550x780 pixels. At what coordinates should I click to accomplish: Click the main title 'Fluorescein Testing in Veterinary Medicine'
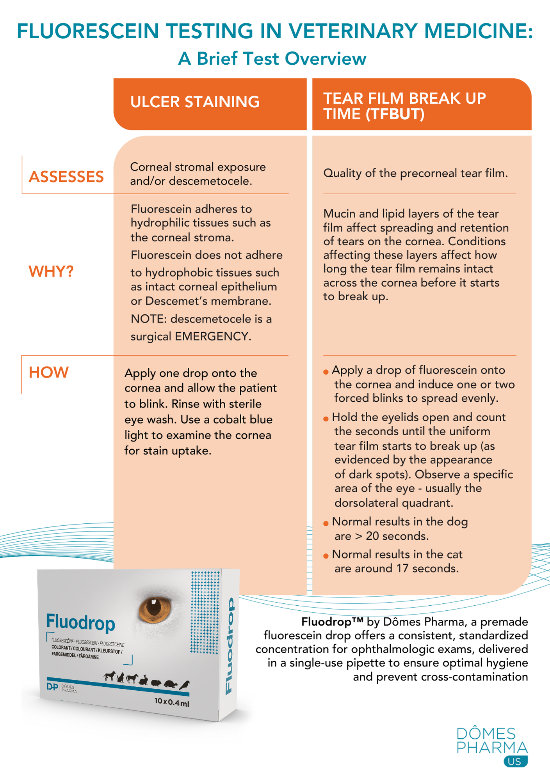tap(275, 31)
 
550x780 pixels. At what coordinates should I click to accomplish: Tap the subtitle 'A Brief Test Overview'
tap(272, 59)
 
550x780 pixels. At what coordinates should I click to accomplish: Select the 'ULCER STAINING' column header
tap(195, 102)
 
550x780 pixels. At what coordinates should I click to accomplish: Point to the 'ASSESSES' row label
tap(66, 177)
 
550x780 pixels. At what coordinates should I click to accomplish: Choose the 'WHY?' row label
tap(51, 271)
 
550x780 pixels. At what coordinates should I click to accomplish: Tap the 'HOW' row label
tap(49, 372)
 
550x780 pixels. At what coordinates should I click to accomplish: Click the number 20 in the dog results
tap(372, 536)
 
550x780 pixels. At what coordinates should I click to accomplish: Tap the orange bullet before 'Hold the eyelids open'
tap(326, 419)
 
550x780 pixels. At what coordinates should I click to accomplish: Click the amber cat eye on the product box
tap(155, 610)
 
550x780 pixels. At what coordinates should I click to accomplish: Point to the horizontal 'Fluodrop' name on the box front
tap(80, 622)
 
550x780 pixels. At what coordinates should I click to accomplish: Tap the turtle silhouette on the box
tap(170, 684)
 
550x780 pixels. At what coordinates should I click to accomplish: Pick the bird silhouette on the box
tap(184, 684)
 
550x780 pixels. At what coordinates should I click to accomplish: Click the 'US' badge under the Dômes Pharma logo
tap(515, 762)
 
